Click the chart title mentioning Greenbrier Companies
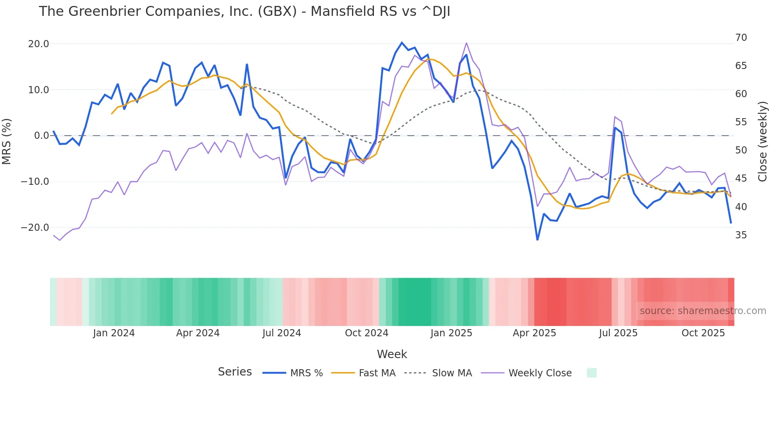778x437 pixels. (x=244, y=11)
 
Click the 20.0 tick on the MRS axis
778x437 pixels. (x=39, y=44)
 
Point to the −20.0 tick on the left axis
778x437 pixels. (x=35, y=228)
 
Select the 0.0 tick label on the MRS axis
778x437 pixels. (x=41, y=136)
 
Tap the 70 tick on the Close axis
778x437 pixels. (x=741, y=38)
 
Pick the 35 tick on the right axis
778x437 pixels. (x=741, y=235)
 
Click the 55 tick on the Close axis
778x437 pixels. (x=741, y=122)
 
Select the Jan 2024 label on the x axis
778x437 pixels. (x=114, y=333)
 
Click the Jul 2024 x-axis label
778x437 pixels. (x=281, y=333)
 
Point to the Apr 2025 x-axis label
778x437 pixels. (x=534, y=333)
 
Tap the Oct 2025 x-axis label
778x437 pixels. (x=703, y=333)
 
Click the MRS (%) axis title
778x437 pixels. (x=7, y=141)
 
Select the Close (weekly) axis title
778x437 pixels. (x=763, y=141)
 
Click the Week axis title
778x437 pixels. (x=392, y=354)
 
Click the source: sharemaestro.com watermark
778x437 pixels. (x=703, y=311)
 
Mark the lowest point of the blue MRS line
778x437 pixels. (x=537, y=240)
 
